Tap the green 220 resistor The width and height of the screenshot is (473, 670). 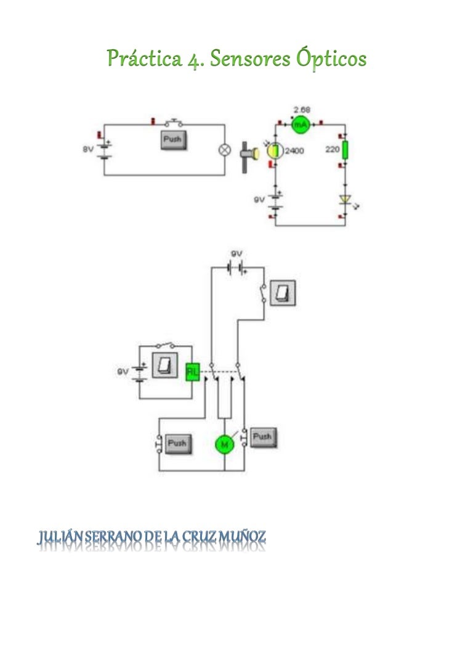[344, 150]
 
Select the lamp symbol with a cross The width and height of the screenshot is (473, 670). [225, 150]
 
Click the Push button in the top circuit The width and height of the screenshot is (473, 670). [173, 140]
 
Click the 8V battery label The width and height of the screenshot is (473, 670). [87, 149]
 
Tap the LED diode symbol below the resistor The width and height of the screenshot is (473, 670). [344, 199]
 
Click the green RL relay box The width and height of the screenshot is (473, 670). [193, 371]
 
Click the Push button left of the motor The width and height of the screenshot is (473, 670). [176, 443]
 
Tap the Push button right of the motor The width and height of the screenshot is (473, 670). [262, 437]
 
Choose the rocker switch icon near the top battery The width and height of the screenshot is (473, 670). [283, 292]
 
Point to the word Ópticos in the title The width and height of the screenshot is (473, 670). [333, 59]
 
